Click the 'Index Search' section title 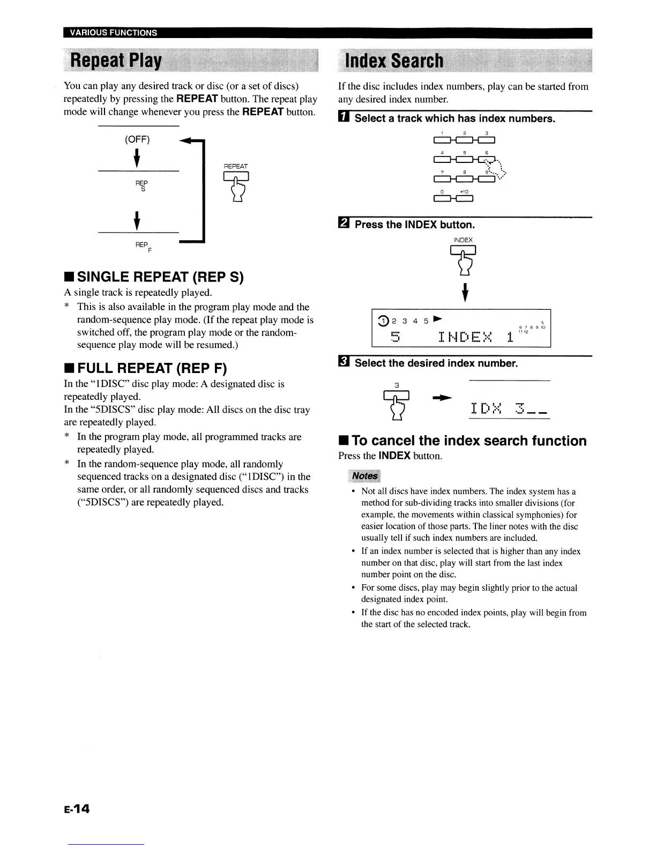pos(396,61)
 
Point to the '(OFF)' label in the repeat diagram pos(137,140)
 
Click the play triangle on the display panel pos(437,319)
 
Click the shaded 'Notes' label pos(364,476)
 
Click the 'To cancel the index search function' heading pos(463,441)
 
